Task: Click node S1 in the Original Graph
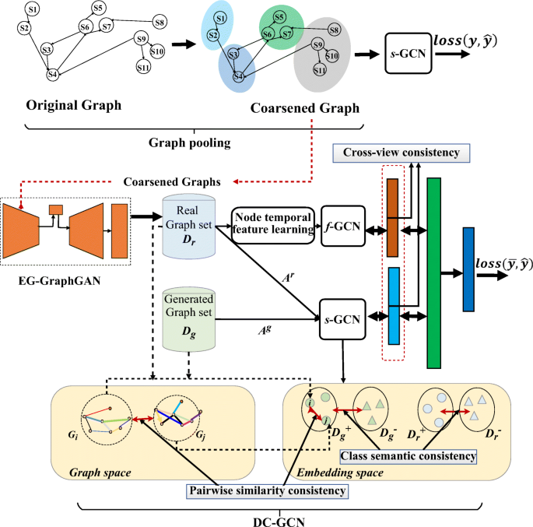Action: [x=32, y=9]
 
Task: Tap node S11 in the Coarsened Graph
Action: [x=320, y=70]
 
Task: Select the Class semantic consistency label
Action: [x=407, y=455]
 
